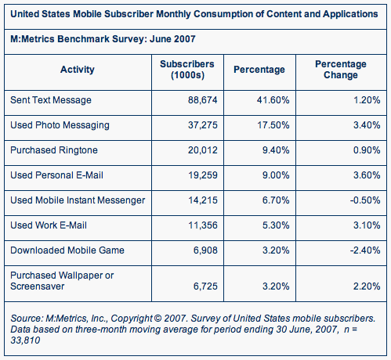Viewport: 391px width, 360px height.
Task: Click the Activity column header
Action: click(78, 70)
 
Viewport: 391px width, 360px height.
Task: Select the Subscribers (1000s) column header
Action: click(187, 70)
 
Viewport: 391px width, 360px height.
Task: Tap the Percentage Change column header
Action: click(341, 70)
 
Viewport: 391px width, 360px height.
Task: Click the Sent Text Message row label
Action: click(51, 100)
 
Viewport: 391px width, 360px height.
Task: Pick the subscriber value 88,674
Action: click(203, 100)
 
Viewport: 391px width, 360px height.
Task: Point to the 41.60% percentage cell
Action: click(273, 100)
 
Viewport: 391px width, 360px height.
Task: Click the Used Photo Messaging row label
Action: click(60, 125)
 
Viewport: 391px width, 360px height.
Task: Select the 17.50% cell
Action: click(273, 125)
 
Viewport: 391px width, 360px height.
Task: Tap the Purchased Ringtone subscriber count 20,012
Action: click(203, 150)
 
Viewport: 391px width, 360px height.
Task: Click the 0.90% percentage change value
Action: click(367, 150)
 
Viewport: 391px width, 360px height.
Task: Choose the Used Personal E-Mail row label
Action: click(56, 175)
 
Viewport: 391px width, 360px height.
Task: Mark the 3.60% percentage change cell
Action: click(367, 175)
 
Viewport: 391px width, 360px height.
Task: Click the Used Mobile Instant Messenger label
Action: click(78, 200)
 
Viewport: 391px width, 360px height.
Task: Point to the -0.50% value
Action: click(365, 200)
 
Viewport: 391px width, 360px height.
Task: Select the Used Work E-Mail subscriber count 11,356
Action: click(203, 225)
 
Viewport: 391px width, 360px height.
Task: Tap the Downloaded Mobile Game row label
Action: click(67, 250)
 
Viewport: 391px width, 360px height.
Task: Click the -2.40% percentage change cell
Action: click(365, 250)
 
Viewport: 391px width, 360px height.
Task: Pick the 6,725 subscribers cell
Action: click(205, 286)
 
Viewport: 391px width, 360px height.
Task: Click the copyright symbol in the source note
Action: click(157, 319)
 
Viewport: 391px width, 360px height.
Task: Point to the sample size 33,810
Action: click(25, 340)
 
